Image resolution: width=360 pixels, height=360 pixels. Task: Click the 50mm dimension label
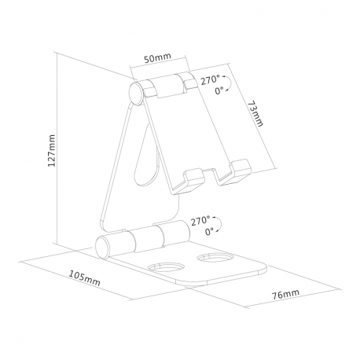pos(160,57)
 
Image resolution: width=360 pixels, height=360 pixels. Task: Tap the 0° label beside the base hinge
pos(209,233)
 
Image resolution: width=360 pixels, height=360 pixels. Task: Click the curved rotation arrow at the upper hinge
pos(229,85)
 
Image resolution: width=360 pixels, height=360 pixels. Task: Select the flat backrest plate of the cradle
pos(193,130)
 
